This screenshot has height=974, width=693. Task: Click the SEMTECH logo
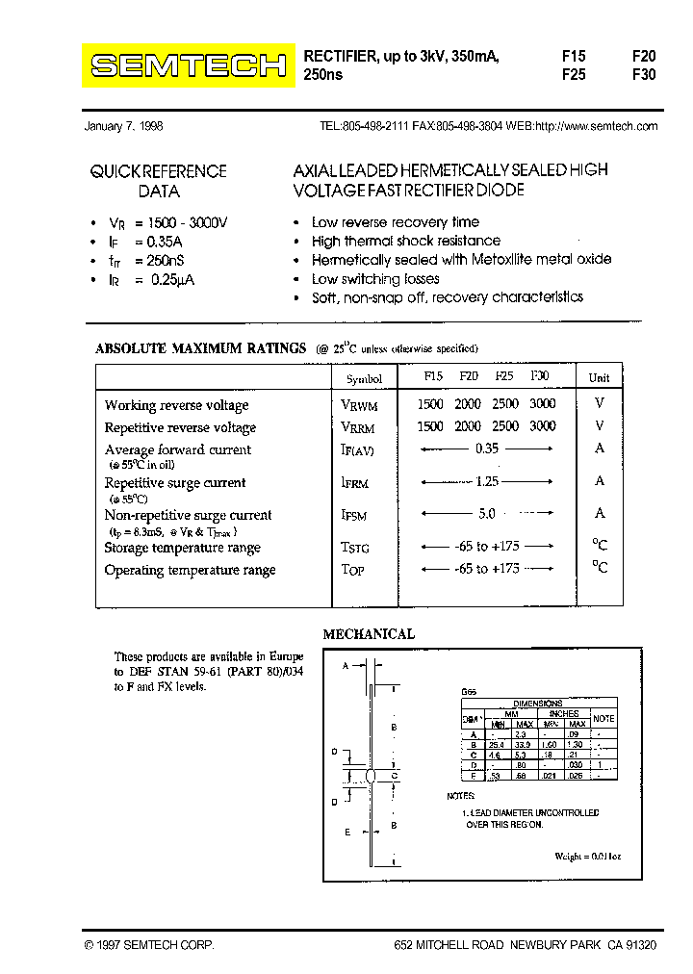click(x=189, y=65)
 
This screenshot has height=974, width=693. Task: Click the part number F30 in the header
click(x=643, y=74)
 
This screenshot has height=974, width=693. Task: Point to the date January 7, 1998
click(x=124, y=126)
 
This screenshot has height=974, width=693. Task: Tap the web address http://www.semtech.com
click(x=596, y=126)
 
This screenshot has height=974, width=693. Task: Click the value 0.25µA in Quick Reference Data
click(x=172, y=279)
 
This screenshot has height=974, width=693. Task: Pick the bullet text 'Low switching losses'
click(x=375, y=279)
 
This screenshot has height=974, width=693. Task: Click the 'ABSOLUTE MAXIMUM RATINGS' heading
click(x=200, y=348)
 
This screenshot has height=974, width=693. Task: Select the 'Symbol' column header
click(x=364, y=379)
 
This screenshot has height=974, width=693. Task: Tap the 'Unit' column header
click(x=599, y=377)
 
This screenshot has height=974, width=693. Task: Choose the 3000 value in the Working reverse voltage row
click(x=542, y=404)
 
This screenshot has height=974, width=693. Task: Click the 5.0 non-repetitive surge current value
click(x=486, y=514)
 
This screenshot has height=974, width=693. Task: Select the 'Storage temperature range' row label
click(x=182, y=548)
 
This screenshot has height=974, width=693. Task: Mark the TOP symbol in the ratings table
click(x=352, y=570)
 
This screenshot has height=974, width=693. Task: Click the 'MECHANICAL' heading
click(x=369, y=634)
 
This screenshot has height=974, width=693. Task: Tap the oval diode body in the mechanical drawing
click(x=371, y=776)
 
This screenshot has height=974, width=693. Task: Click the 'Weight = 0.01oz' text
click(x=587, y=856)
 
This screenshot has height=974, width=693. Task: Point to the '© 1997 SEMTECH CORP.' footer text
click(x=149, y=946)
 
